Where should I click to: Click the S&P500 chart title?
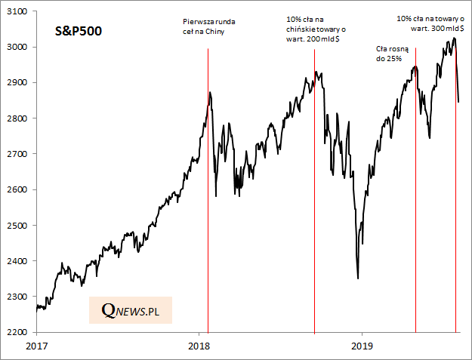tap(79, 32)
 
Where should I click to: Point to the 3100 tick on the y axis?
tap(17, 11)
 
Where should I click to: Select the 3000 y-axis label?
tap(17, 47)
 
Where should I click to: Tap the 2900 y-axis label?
tap(17, 82)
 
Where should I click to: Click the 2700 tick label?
tap(17, 154)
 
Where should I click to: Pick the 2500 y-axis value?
tap(17, 226)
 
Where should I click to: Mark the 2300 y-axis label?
tap(17, 297)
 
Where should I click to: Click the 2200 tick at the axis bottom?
tap(17, 332)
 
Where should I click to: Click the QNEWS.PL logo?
tap(130, 309)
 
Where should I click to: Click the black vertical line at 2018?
tap(208, 226)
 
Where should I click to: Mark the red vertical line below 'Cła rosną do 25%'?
tap(415, 226)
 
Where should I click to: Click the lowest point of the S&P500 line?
tap(358, 278)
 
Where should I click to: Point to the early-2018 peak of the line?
tap(209, 93)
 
